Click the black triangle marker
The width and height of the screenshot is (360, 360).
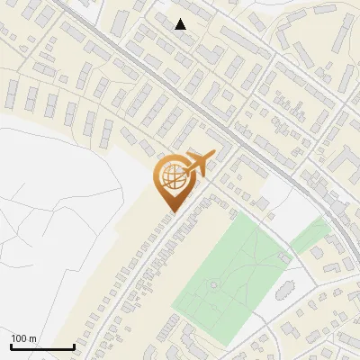(x=181, y=24)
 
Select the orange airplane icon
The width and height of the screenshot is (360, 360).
(x=198, y=165)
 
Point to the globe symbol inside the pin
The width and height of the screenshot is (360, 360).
(x=171, y=176)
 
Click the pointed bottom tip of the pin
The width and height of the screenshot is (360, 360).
(x=171, y=211)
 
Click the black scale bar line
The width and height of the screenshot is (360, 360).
(x=41, y=346)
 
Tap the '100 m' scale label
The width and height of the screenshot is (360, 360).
(x=23, y=338)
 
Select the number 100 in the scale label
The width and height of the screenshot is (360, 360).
(x=19, y=338)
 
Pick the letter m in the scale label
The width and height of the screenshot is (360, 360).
(x=32, y=338)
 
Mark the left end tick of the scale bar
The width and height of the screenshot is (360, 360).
(x=11, y=346)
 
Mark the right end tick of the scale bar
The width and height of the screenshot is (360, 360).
(x=73, y=346)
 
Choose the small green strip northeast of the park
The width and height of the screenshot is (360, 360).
(x=309, y=236)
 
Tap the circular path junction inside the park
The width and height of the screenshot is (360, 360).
(x=214, y=285)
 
